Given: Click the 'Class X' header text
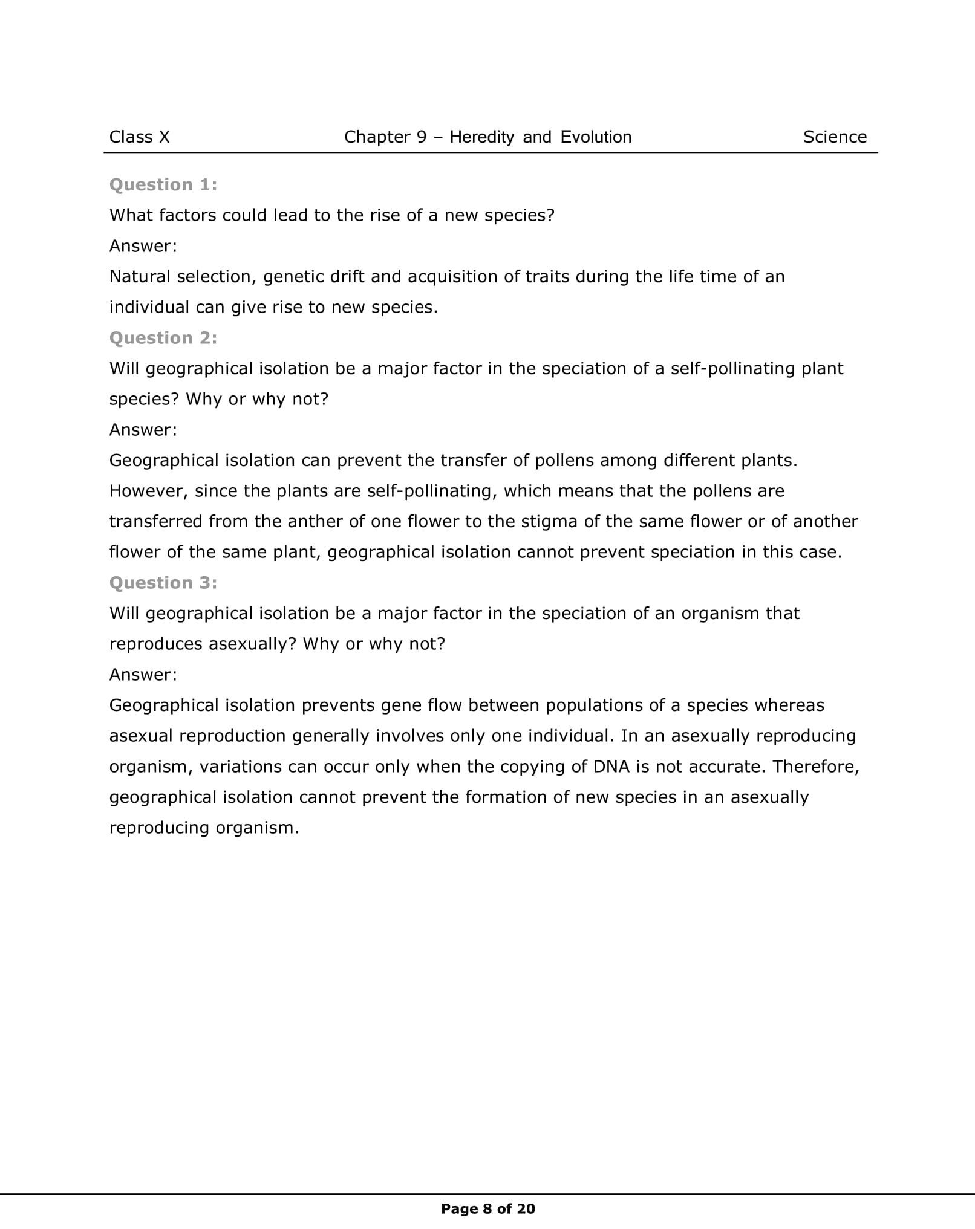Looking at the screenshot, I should coord(139,137).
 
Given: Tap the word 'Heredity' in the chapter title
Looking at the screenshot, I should coord(481,137).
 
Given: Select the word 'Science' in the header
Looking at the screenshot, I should coord(835,137).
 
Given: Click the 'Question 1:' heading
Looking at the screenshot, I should coord(163,185).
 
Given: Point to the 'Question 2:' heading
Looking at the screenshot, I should coord(163,338).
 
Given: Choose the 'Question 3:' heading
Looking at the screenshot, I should coord(163,583).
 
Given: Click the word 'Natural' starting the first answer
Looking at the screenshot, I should coord(139,277).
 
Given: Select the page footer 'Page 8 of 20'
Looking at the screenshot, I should coord(488,1208).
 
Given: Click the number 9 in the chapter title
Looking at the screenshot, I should coord(422,137).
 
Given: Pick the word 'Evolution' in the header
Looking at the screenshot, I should coord(596,137).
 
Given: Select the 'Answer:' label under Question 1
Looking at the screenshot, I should coord(143,246).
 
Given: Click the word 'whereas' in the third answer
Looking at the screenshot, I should coord(789,705).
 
